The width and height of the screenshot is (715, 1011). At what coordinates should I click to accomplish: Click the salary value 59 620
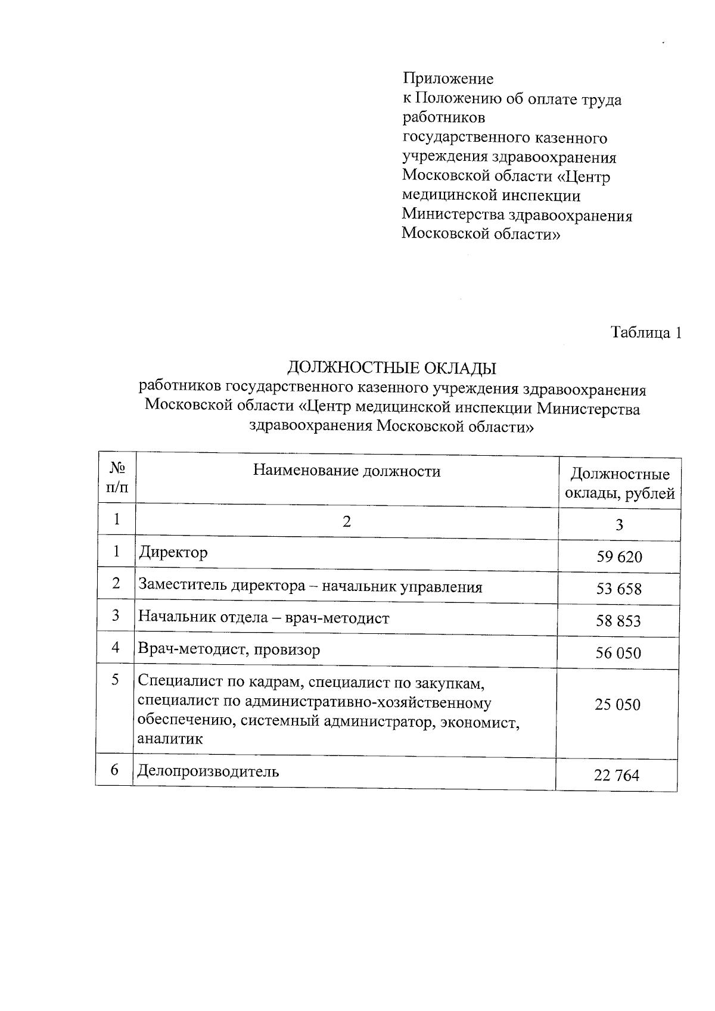(619, 557)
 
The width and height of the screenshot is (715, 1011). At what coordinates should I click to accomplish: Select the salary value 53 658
(619, 589)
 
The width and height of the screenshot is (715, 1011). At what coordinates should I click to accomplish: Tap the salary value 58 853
(618, 621)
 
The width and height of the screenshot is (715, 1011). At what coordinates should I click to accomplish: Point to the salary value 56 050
(618, 654)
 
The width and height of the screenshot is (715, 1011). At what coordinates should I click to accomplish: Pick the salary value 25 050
(617, 705)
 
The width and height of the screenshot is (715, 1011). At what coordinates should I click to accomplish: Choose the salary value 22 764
(616, 775)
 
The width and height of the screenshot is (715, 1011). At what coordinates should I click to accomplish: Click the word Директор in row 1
(173, 553)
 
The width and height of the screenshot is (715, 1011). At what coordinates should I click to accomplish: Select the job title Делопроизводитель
(208, 772)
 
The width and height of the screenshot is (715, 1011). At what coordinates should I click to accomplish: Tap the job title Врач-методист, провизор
(229, 649)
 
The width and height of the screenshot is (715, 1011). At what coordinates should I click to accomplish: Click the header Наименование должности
(347, 471)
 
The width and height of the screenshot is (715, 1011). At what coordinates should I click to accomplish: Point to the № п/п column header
(117, 478)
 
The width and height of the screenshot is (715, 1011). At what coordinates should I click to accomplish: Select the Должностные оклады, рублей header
(620, 484)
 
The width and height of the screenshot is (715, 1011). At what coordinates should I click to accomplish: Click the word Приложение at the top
(448, 79)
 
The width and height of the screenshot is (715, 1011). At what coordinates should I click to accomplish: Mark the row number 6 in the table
(114, 770)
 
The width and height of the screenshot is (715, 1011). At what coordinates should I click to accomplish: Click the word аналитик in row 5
(170, 739)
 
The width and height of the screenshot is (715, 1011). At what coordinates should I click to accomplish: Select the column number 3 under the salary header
(620, 525)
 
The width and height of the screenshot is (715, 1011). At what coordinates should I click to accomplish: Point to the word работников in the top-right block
(444, 118)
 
